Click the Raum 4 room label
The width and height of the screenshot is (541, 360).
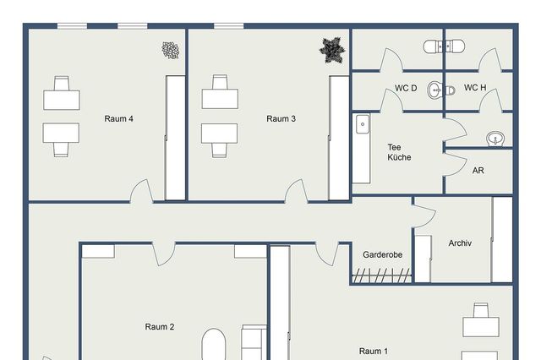pos(119,119)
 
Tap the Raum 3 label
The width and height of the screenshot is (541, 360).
pos(281,119)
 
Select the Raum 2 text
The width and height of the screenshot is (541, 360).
pos(160,327)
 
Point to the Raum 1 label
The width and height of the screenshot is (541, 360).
pos(374,351)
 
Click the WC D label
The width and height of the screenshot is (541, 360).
pos(406,88)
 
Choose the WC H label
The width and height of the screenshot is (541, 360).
pos(475,88)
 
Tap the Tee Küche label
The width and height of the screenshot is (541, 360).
pos(399,152)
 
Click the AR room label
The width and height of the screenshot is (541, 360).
pos(478,170)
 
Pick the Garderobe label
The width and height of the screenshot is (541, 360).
pos(382,254)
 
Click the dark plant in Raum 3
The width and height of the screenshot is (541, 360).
pos(332,49)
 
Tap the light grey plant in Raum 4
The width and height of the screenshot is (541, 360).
pos(172,51)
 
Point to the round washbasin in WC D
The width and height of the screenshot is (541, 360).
pos(435,88)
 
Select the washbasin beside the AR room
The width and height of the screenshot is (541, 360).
pos(496,138)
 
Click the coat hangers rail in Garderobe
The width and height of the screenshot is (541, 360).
pos(383,275)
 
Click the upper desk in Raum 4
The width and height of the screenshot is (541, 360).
pos(62,98)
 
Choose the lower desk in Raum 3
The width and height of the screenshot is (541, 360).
pos(220,135)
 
